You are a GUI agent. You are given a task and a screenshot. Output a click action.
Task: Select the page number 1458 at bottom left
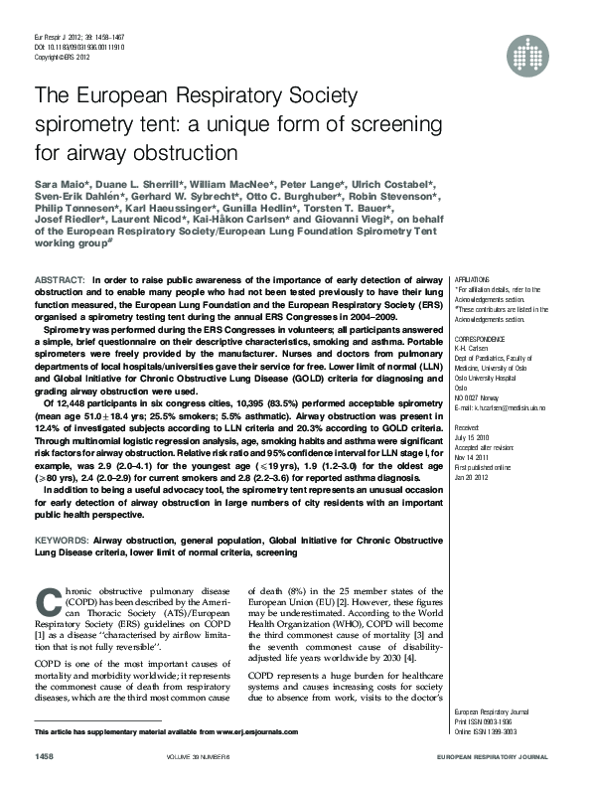tap(46, 757)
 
